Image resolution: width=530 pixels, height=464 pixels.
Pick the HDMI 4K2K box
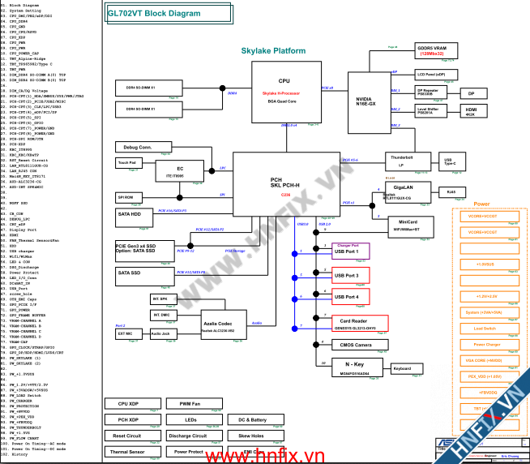pyautogui.click(x=471, y=110)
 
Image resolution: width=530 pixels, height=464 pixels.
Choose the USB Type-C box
pyautogui.click(x=449, y=161)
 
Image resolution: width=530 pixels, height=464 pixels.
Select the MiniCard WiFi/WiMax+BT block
pyautogui.click(x=408, y=225)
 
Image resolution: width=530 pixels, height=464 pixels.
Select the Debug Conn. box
pyautogui.click(x=133, y=148)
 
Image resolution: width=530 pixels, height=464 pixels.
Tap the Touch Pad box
pyautogui.click(x=126, y=162)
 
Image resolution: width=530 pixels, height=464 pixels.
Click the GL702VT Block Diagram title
pyautogui.click(x=154, y=14)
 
